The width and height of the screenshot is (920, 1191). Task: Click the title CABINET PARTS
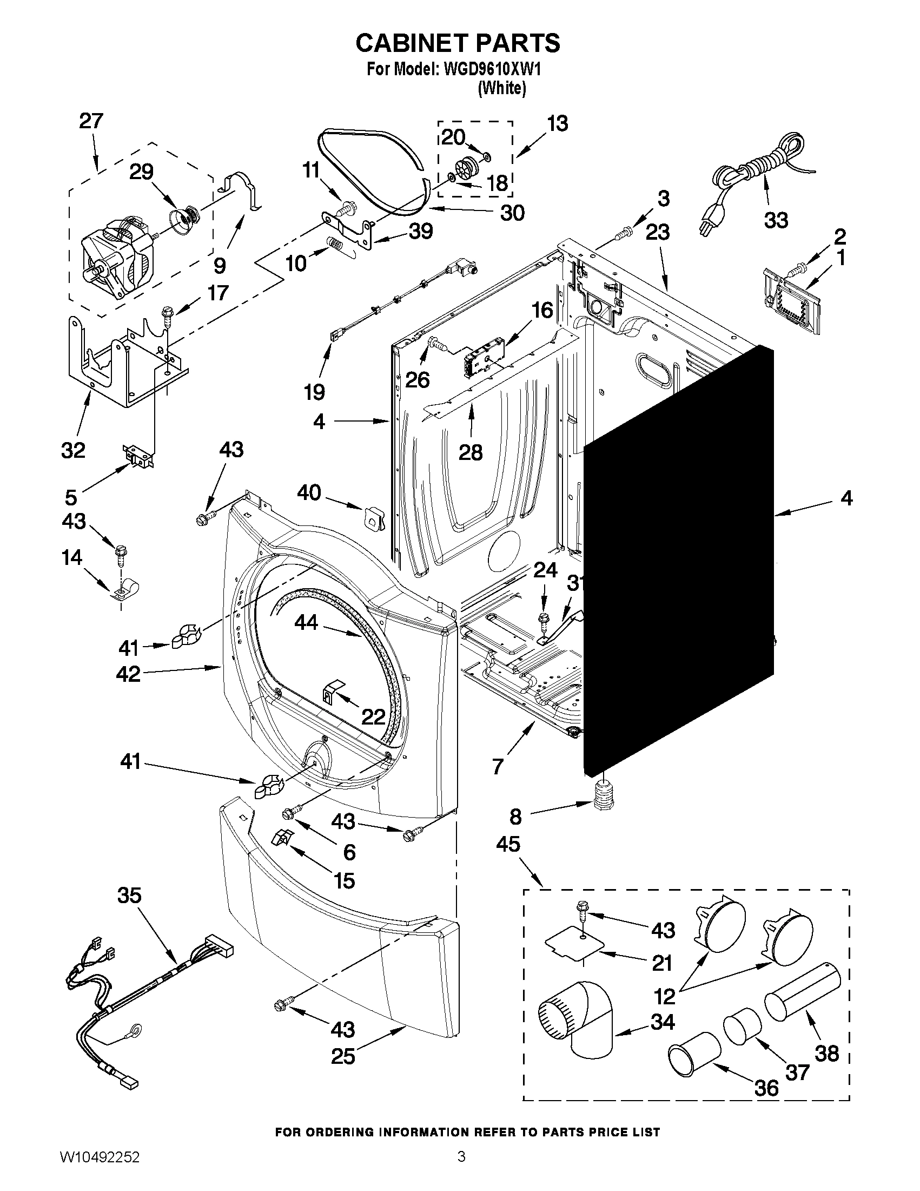(457, 43)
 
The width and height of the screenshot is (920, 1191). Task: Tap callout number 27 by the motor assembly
(91, 121)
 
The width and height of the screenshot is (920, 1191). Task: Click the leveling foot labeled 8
(603, 796)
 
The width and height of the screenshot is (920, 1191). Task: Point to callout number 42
(129, 675)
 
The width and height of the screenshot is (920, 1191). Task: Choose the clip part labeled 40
(372, 516)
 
